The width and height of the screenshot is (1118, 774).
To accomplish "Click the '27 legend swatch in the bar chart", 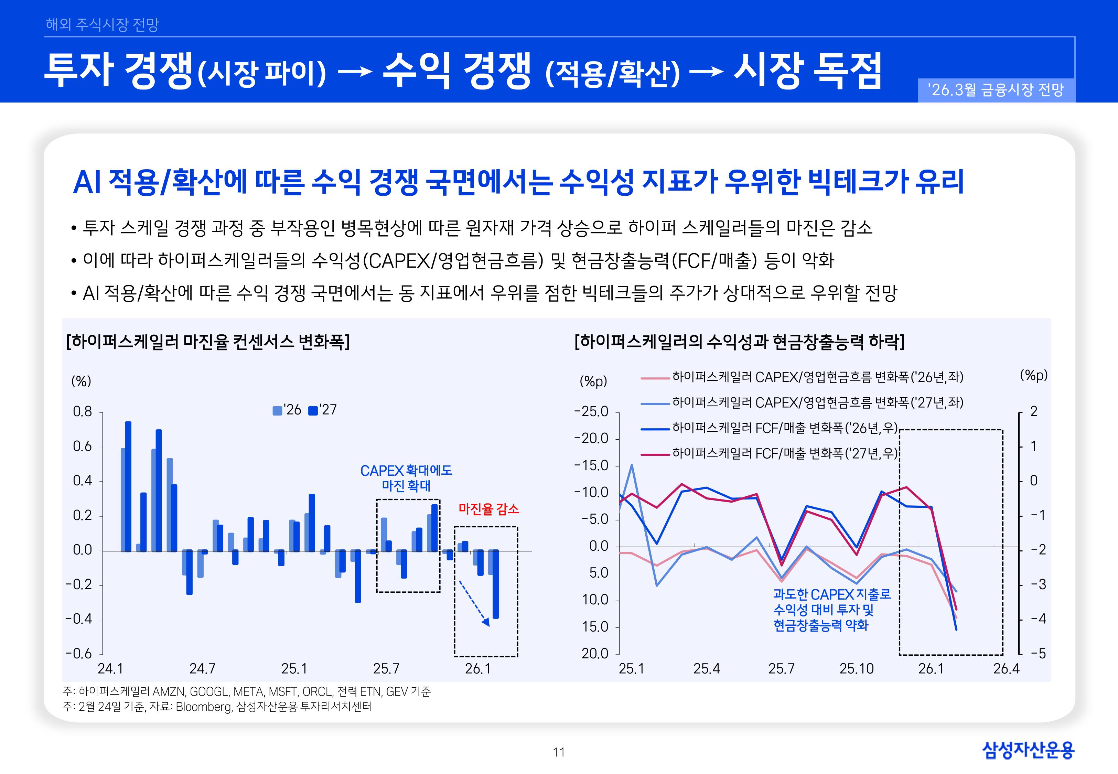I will (x=313, y=410).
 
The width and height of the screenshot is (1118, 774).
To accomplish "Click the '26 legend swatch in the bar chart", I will (x=277, y=410).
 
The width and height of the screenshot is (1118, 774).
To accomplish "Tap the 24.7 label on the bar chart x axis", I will (x=202, y=668).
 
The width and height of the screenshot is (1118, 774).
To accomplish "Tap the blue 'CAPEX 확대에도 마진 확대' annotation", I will (x=406, y=478).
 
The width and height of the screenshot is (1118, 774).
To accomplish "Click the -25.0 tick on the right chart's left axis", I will (x=591, y=411).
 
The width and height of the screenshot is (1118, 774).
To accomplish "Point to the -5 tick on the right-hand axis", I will (x=1037, y=653).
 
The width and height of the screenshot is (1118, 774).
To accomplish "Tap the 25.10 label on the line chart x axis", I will (x=856, y=668).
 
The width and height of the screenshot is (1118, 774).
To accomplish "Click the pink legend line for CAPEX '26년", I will (x=655, y=377).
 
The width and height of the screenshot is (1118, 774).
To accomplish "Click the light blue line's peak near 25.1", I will (x=631, y=465).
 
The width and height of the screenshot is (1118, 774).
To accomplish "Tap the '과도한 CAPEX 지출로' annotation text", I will (x=831, y=594).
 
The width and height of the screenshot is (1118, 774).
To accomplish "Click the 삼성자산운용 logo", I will (x=1028, y=750).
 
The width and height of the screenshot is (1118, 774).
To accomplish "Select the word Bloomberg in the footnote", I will (x=204, y=706).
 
